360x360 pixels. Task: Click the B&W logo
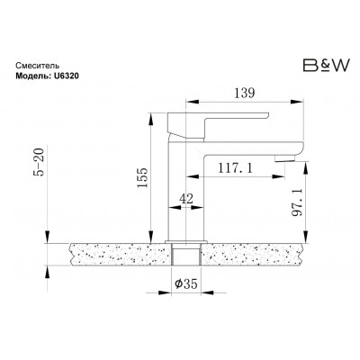pos(327,66)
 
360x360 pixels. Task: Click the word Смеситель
pos(38,66)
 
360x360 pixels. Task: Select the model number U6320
pos(67,76)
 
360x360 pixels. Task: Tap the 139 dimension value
pos(244,94)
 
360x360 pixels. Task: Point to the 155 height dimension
pos(143,177)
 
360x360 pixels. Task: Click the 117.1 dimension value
pos(235,168)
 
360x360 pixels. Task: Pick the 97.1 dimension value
pos(297,202)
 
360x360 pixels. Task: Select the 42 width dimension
pos(186,199)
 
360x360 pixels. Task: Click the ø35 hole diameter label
pos(186,283)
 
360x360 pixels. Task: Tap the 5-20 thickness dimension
pos(39,162)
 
